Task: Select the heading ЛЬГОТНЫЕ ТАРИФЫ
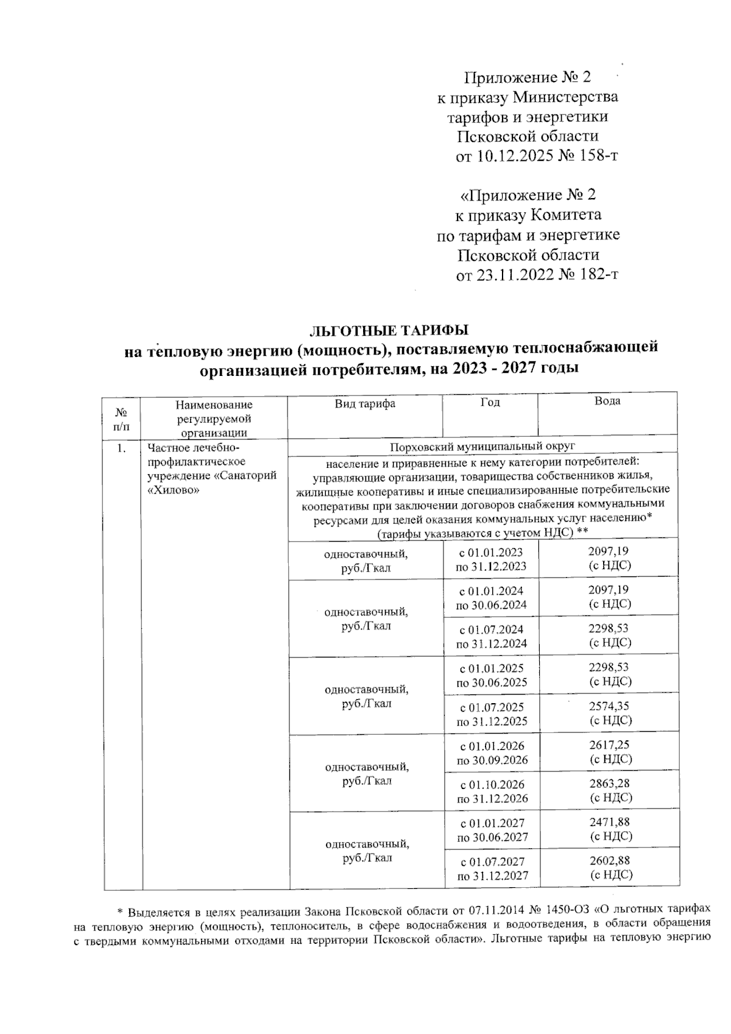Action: pyautogui.click(x=389, y=331)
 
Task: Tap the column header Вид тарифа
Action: pyautogui.click(x=365, y=404)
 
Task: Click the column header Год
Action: pyautogui.click(x=490, y=403)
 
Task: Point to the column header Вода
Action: pyautogui.click(x=607, y=401)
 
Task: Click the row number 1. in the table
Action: pyautogui.click(x=122, y=448)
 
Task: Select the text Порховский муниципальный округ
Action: pyautogui.click(x=482, y=447)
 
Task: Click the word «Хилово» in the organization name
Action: pyautogui.click(x=174, y=489)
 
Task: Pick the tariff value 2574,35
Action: pyautogui.click(x=609, y=706)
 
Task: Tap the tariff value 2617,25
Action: pyautogui.click(x=609, y=745)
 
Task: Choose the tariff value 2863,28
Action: pyautogui.click(x=609, y=784)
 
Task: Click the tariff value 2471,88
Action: pyautogui.click(x=610, y=822)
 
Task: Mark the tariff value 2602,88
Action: pyautogui.click(x=610, y=861)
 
